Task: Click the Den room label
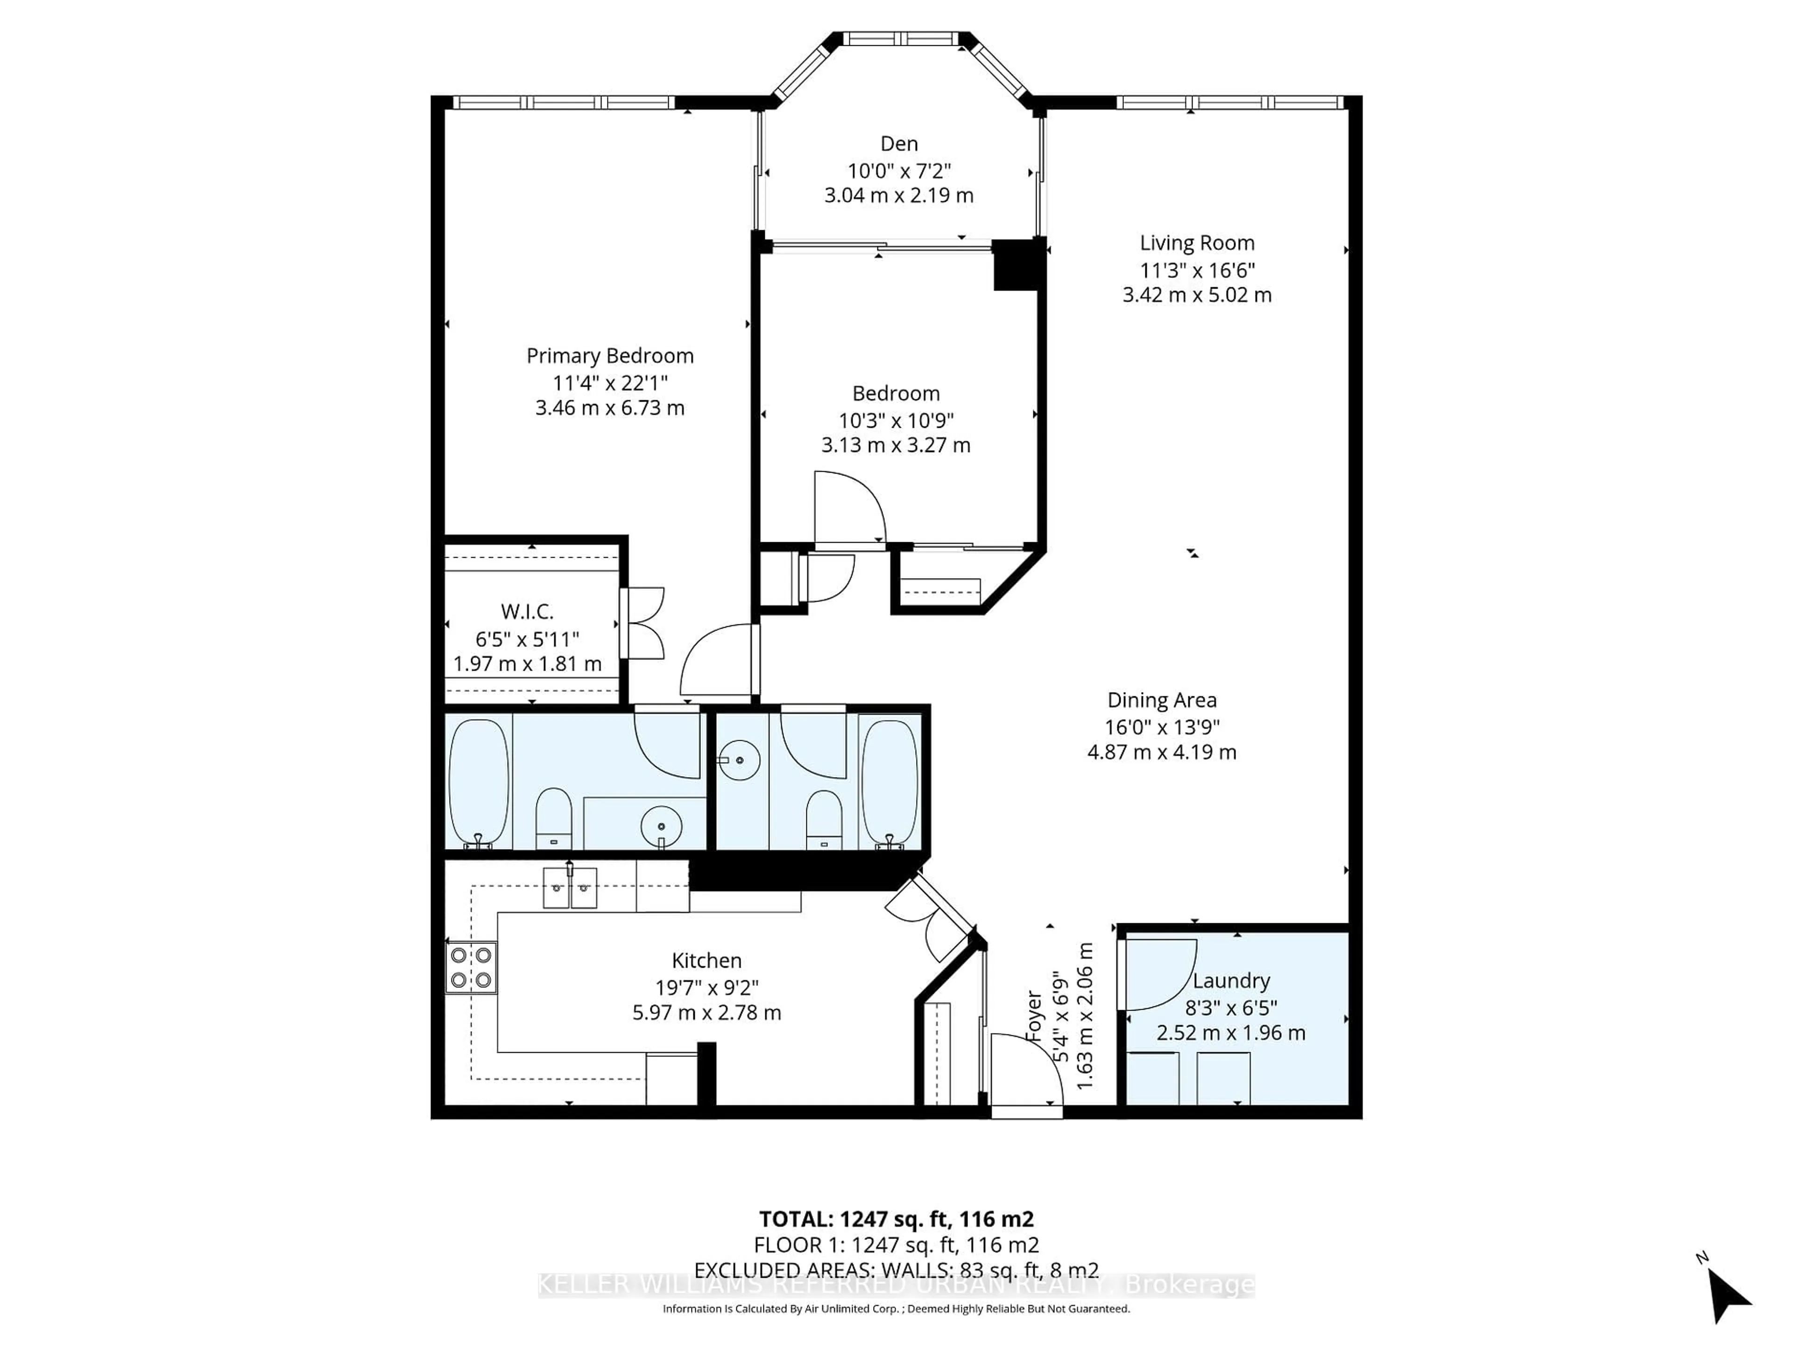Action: tap(899, 143)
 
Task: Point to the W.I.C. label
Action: tap(527, 611)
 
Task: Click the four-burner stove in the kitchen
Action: tap(471, 967)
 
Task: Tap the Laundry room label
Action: tap(1230, 980)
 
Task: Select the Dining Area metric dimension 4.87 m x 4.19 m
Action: tap(1162, 751)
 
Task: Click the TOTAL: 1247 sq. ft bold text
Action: tap(896, 1218)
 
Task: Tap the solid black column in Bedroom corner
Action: tap(1017, 264)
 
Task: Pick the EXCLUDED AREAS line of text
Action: tap(896, 1270)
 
